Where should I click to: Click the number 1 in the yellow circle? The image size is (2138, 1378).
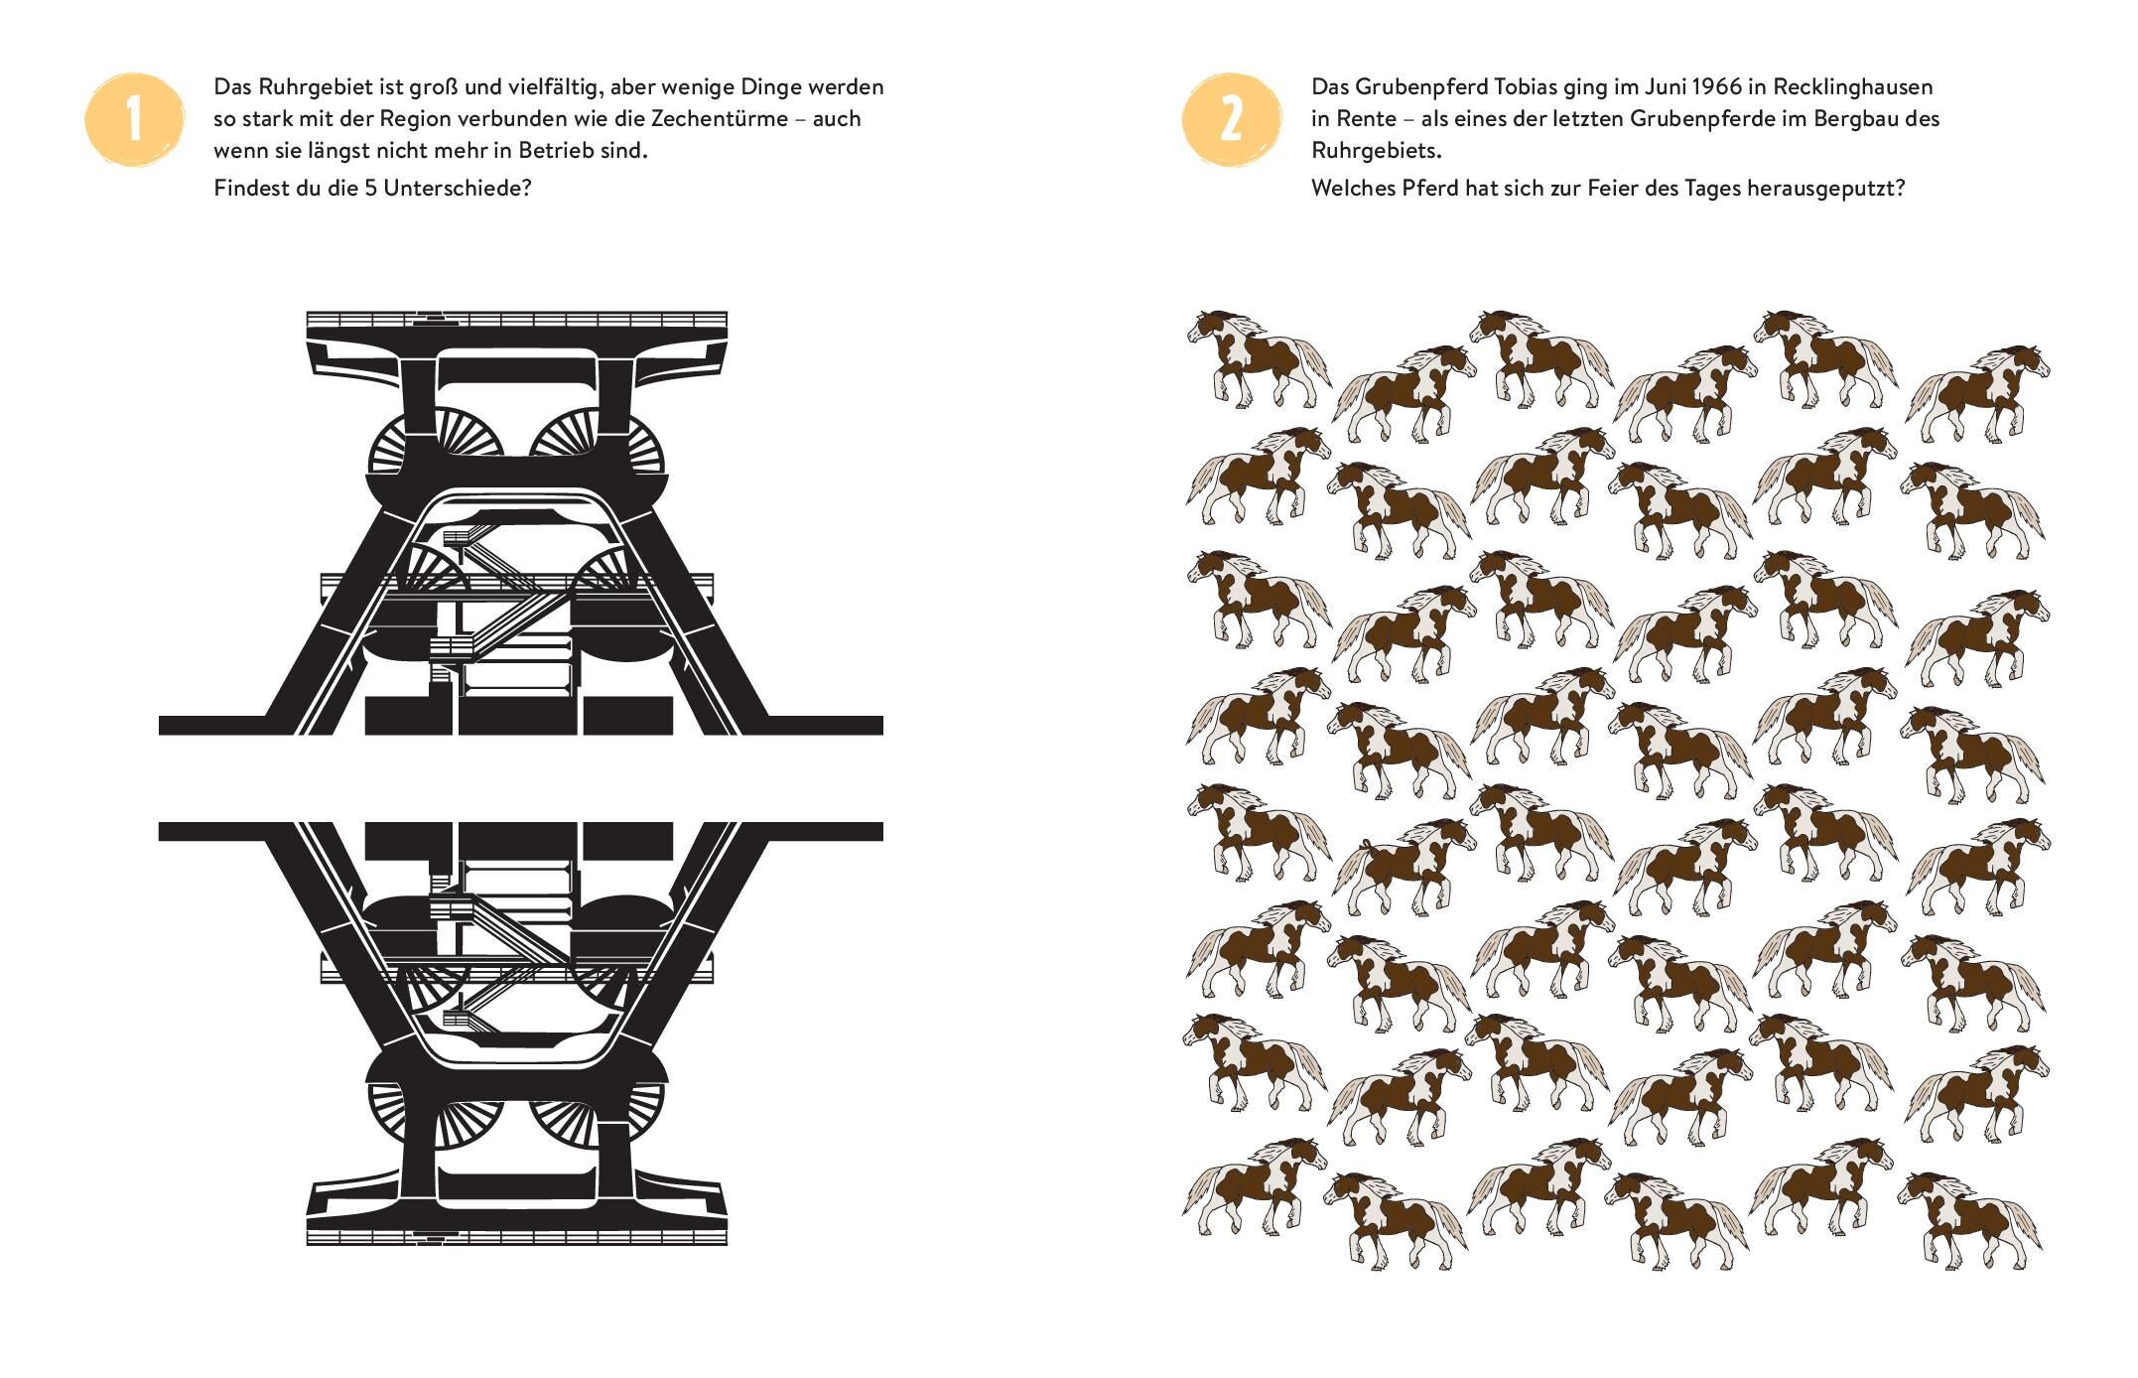[x=135, y=119]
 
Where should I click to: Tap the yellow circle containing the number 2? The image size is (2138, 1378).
[x=1231, y=119]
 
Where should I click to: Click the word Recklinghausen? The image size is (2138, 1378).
[x=1853, y=87]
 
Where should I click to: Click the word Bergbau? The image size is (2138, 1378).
[x=1851, y=119]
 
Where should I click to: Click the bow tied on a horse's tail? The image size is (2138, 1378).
[x=1366, y=848]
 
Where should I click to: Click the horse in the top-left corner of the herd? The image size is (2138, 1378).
[x=1258, y=359]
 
